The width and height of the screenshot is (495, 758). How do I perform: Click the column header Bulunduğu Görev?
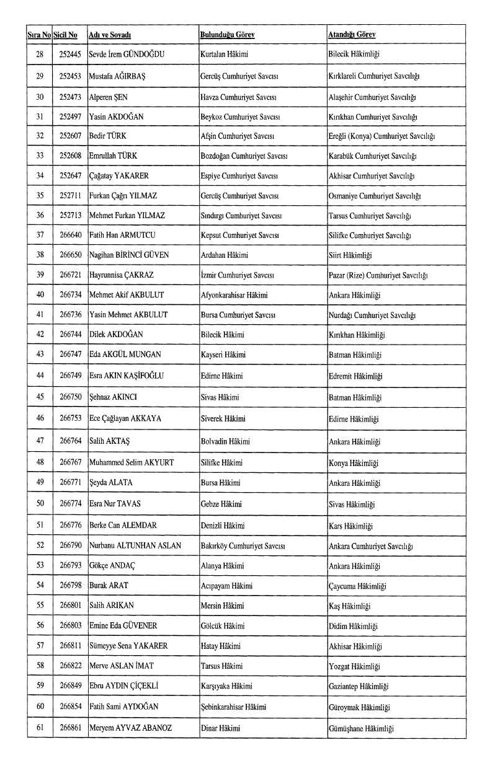[227, 35]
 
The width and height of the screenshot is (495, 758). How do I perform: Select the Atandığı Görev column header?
[351, 35]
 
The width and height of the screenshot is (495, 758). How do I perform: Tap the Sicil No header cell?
[65, 35]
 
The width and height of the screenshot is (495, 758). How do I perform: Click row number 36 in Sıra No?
[40, 216]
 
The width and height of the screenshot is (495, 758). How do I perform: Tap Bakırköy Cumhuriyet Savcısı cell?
[242, 546]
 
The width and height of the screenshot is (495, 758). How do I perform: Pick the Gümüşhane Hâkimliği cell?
[361, 728]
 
